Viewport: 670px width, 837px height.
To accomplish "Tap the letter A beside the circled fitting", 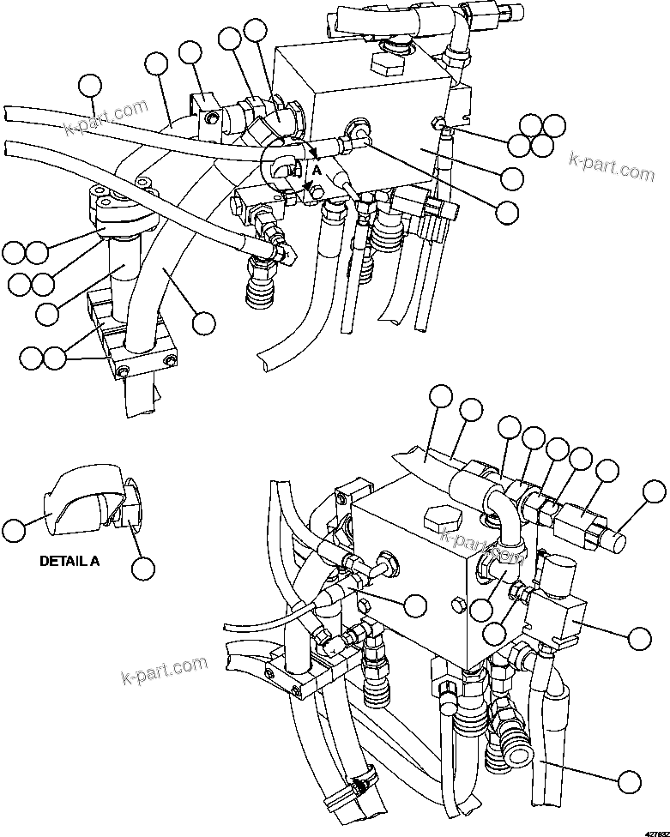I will tap(317, 171).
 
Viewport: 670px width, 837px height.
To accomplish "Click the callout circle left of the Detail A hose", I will tap(13, 529).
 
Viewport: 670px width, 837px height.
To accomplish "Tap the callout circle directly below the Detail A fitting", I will tap(142, 567).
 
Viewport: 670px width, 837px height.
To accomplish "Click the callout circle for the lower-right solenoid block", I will tap(639, 636).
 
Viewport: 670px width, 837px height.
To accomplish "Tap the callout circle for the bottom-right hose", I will tap(630, 781).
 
